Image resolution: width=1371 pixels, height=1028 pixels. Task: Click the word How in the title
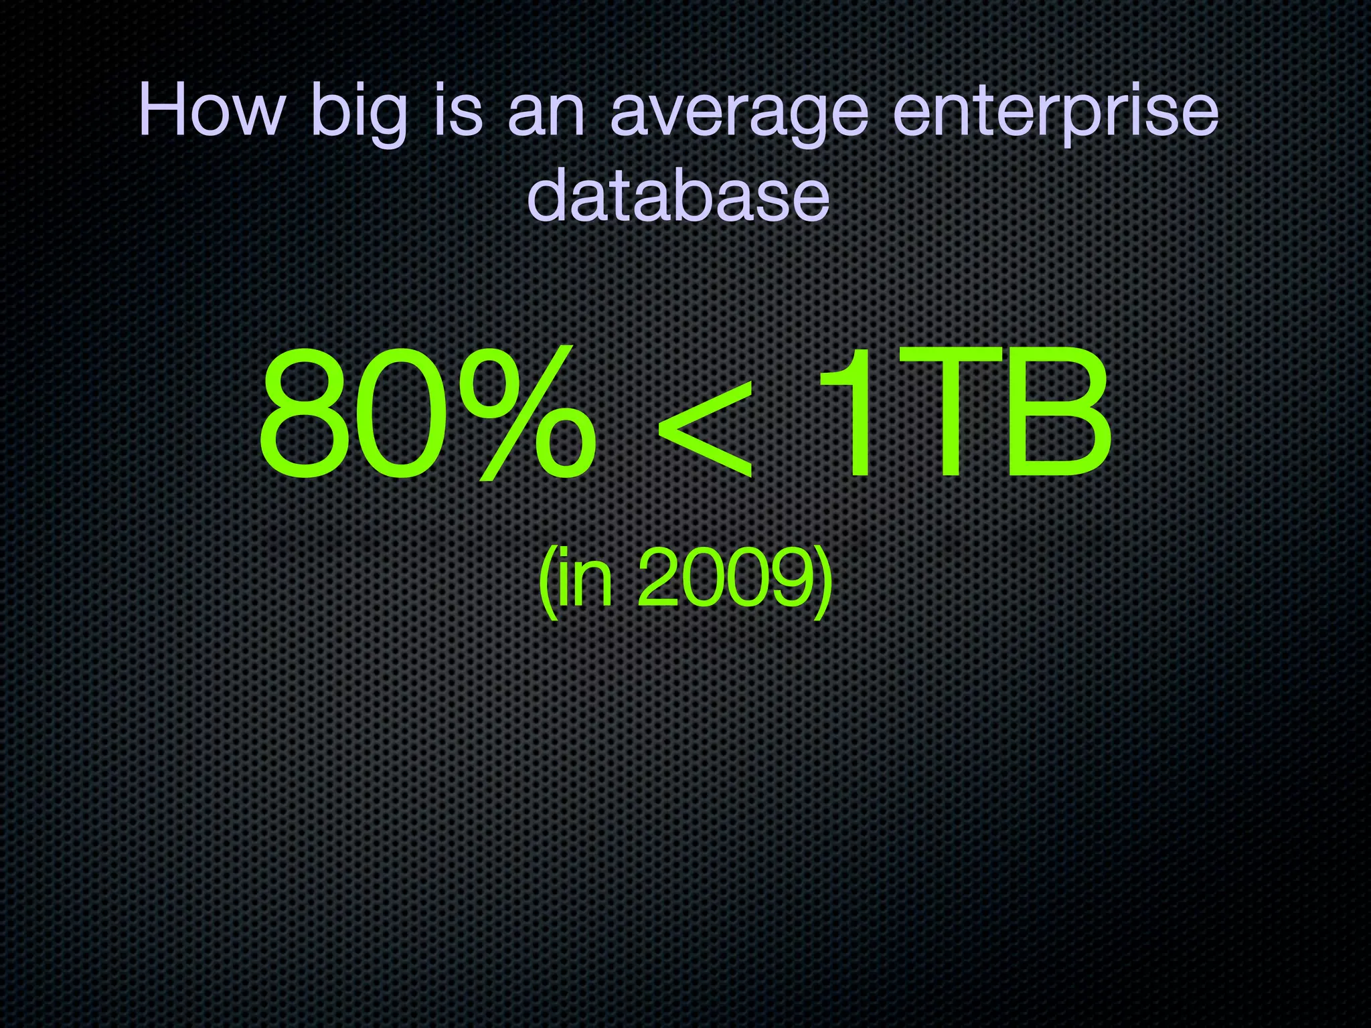[210, 110]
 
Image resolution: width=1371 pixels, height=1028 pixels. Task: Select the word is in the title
[459, 110]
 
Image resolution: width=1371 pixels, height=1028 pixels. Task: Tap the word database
[678, 194]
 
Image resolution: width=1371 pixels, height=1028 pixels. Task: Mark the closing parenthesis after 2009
[823, 580]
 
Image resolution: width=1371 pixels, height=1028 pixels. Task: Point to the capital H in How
[164, 110]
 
